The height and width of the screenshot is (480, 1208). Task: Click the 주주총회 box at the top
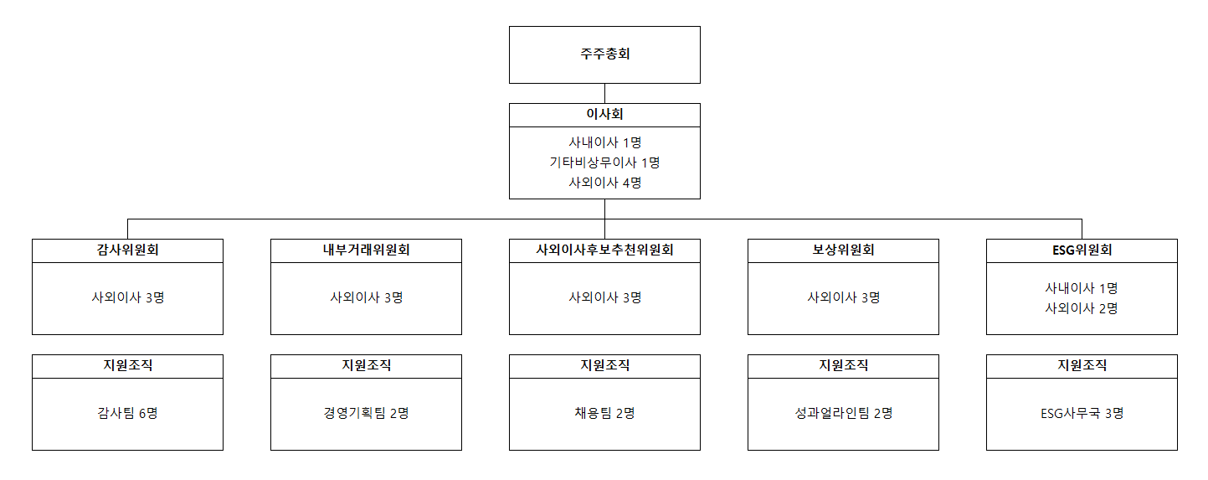[604, 54]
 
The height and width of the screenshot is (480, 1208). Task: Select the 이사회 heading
[604, 114]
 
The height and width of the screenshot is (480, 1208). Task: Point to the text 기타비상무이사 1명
[604, 163]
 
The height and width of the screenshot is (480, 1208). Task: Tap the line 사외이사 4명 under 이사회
[604, 183]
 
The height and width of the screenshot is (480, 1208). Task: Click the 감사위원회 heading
[128, 250]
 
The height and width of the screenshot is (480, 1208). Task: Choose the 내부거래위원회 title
[366, 250]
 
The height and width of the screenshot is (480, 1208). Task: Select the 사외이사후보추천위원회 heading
[604, 250]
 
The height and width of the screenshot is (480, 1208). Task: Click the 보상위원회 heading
[844, 250]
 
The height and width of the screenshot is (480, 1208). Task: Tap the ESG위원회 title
[1082, 250]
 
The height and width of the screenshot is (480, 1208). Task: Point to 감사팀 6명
[128, 413]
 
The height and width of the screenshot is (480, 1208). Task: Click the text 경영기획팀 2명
[366, 413]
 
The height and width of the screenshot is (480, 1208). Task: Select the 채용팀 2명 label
[604, 413]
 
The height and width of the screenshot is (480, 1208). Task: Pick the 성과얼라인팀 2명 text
[844, 413]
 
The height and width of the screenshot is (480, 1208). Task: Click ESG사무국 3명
[1082, 413]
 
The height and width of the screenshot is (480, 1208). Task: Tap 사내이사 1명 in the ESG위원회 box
[1082, 288]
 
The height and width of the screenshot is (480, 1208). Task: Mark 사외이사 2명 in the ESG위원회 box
[1082, 308]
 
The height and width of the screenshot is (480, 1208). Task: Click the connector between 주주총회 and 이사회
[604, 94]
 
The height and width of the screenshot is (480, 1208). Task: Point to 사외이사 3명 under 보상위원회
[844, 297]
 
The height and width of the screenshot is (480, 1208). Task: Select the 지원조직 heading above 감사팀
[128, 365]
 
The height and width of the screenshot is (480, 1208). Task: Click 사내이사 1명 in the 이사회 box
[604, 142]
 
